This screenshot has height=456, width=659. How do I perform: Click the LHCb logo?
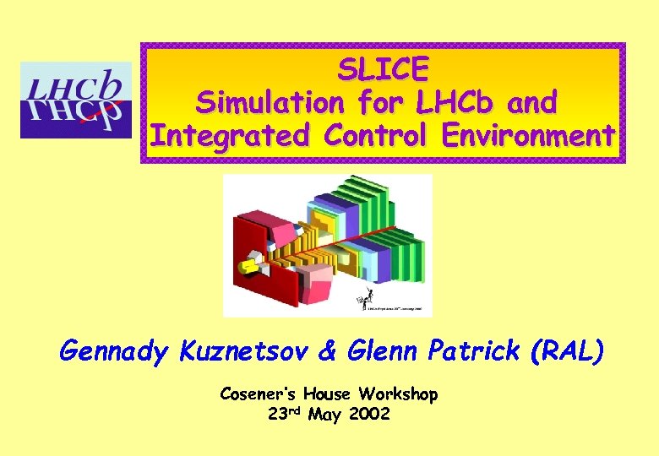76,100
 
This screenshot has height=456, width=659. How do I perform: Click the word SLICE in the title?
384,68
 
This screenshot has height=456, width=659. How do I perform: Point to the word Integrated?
227,136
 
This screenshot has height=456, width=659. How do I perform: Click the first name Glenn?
369,351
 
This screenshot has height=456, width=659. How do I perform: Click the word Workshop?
398,394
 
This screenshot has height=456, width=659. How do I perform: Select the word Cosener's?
256,394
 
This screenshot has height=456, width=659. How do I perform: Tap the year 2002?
369,415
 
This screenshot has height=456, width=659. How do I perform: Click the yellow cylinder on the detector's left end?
248,266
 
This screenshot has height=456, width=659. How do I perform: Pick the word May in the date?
325,415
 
